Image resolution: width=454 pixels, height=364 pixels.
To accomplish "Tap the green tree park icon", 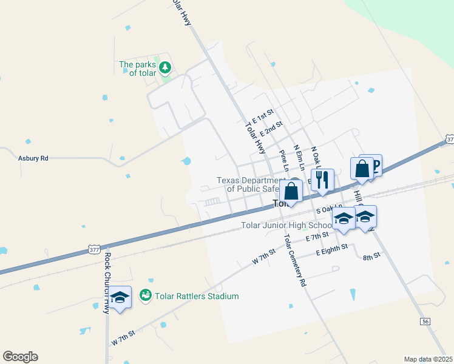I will coord(164,68).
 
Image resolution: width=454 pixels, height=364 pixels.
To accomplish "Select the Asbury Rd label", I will coord(33,158).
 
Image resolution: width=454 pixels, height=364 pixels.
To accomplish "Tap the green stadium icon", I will coord(146,295).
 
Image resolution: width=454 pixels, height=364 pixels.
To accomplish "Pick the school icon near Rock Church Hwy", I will coord(120,297).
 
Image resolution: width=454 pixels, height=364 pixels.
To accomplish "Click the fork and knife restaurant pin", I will coord(322,180).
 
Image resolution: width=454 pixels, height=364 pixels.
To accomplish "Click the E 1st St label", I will coord(263,115).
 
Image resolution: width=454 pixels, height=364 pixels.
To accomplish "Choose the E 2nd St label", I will coord(271,129).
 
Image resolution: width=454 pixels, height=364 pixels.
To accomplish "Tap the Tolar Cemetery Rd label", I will coord(296,260).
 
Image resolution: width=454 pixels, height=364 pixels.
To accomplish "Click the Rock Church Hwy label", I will coord(107,273).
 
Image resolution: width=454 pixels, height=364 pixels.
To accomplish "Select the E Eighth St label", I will coord(331,249).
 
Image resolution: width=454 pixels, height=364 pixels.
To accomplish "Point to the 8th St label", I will coord(371,256).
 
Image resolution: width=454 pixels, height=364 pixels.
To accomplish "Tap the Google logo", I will coord(20,357).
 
